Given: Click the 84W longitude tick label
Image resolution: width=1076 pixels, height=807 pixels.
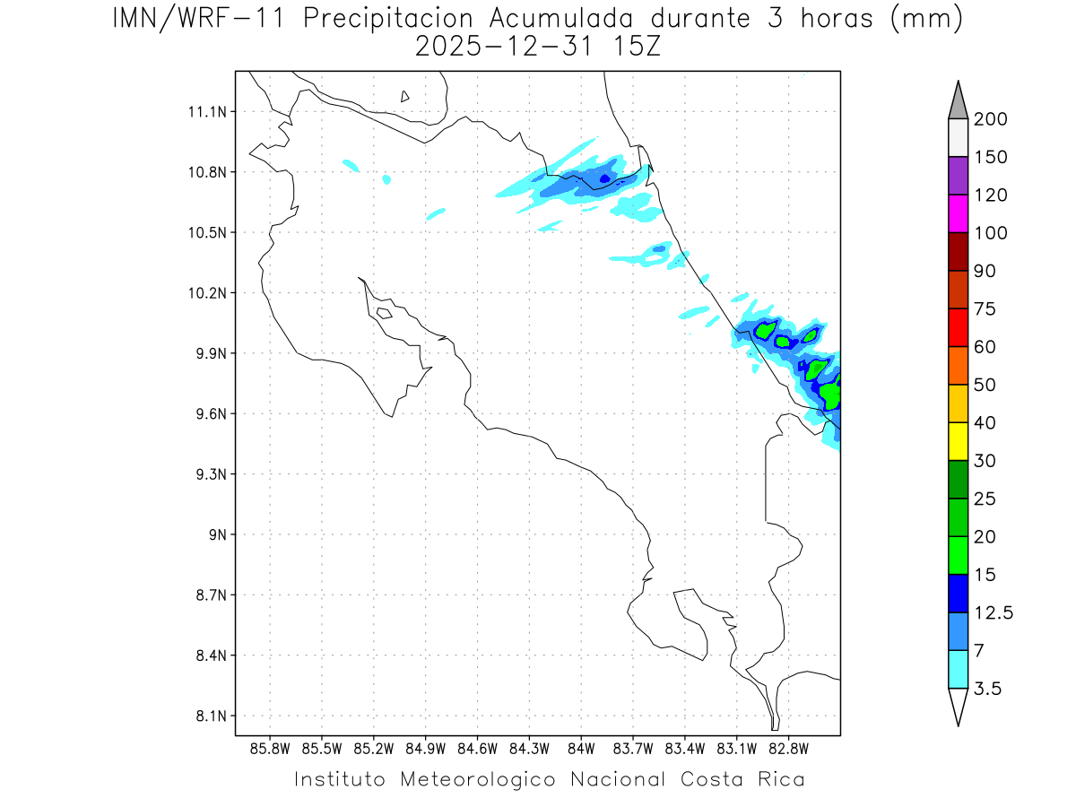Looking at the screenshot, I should (x=581, y=748).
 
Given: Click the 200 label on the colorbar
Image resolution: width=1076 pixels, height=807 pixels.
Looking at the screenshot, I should (x=990, y=119).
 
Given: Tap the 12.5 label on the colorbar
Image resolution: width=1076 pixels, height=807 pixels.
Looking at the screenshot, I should (x=994, y=612).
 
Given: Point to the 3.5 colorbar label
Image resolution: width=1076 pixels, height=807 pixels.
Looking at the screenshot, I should (x=987, y=689).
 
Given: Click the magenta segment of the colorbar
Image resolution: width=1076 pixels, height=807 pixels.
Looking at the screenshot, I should (x=958, y=213).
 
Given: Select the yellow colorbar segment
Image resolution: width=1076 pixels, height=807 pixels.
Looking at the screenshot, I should (x=958, y=441).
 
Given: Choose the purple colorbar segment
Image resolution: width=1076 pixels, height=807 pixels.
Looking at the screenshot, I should (x=958, y=176).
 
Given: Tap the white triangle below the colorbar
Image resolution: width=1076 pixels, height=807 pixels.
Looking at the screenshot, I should (x=958, y=706).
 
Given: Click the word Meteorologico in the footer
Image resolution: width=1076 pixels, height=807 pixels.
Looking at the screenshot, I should (x=479, y=779).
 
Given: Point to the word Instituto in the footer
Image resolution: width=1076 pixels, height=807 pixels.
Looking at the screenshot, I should (x=340, y=779).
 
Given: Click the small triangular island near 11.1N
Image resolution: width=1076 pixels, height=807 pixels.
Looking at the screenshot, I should (x=405, y=96).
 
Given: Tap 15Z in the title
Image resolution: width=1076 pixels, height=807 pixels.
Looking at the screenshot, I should (x=633, y=47).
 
